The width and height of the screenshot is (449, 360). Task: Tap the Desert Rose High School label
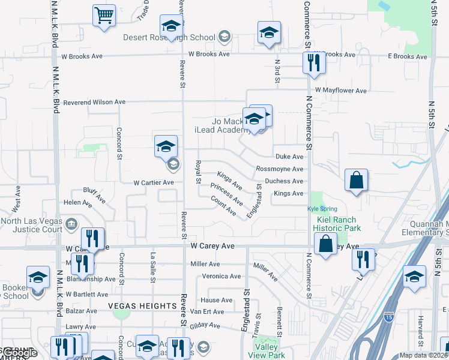pos(169,37)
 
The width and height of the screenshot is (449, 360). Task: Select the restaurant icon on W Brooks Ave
pos(314,62)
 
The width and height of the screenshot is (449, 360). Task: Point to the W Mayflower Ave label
pos(345,91)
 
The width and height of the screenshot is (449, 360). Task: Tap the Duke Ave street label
pos(289,156)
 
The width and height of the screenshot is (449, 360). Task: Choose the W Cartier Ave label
pos(153,182)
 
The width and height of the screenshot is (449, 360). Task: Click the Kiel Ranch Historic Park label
pos(339,224)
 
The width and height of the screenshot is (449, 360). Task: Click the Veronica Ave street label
pos(221,276)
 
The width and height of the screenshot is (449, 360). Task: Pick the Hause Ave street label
pos(216,300)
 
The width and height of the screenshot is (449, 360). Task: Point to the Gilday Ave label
pos(205,325)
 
